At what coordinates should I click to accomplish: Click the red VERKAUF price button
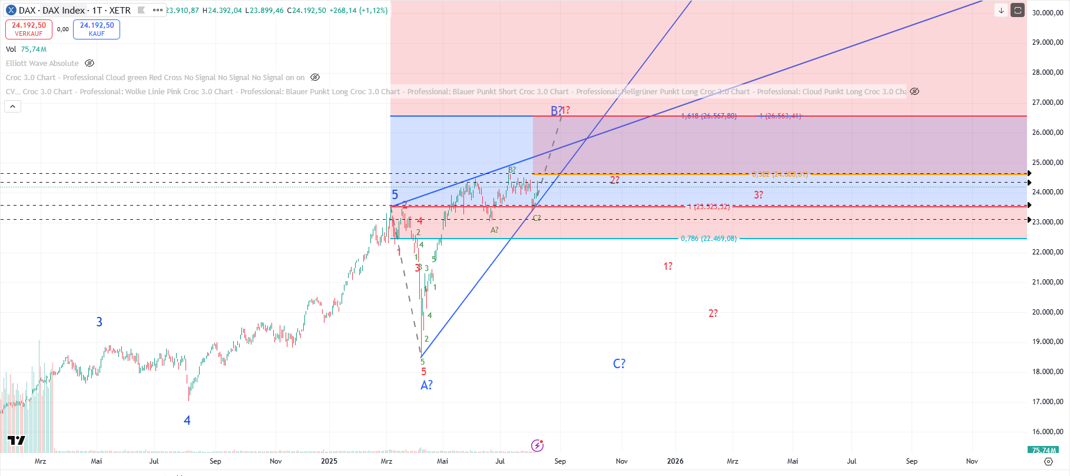[x=29, y=29]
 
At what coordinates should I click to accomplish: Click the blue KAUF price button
[x=97, y=29]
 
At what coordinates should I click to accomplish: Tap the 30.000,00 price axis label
[x=1048, y=12]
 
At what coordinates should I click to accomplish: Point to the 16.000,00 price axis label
[x=1048, y=432]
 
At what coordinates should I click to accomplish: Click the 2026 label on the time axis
[x=675, y=461]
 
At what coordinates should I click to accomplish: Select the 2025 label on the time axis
[x=329, y=461]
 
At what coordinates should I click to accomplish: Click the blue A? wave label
[x=426, y=385]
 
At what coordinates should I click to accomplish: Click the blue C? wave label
[x=619, y=364]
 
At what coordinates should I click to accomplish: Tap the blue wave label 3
[x=100, y=322]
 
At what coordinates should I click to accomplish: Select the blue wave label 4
[x=187, y=421]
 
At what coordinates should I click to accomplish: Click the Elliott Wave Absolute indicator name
[x=42, y=63]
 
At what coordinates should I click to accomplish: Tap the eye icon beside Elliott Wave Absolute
[x=90, y=63]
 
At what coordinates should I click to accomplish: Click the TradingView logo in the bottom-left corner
[x=16, y=441]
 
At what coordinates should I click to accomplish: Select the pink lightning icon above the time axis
[x=537, y=445]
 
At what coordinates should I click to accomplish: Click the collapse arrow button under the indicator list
[x=13, y=107]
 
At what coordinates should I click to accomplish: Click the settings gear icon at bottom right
[x=1048, y=461]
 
